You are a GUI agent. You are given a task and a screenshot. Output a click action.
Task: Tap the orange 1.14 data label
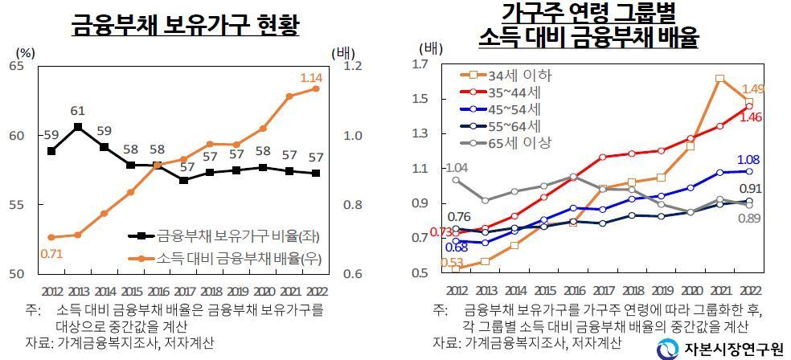[x=311, y=78]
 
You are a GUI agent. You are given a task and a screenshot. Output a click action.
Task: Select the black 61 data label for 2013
[x=78, y=111]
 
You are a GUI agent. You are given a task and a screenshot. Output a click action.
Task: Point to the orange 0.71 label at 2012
[x=51, y=254]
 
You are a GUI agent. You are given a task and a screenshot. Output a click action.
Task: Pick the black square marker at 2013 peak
[x=78, y=127]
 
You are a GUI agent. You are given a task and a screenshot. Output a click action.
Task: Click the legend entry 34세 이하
[x=519, y=76]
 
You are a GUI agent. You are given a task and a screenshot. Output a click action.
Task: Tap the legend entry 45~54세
[x=514, y=109]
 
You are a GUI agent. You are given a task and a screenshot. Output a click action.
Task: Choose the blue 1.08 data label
[x=749, y=159]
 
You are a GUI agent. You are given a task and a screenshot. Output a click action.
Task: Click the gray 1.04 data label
[x=456, y=167]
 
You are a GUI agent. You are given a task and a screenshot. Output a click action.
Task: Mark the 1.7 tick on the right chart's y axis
[x=422, y=64]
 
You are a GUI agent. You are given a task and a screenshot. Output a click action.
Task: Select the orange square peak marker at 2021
[x=719, y=79]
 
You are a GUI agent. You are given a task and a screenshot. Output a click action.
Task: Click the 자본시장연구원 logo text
[x=732, y=348]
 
